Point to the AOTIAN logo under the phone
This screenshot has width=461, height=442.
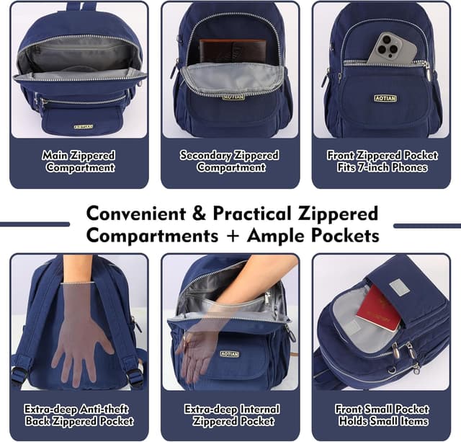pos(385,98)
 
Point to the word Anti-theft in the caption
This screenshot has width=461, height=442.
pos(99,410)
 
